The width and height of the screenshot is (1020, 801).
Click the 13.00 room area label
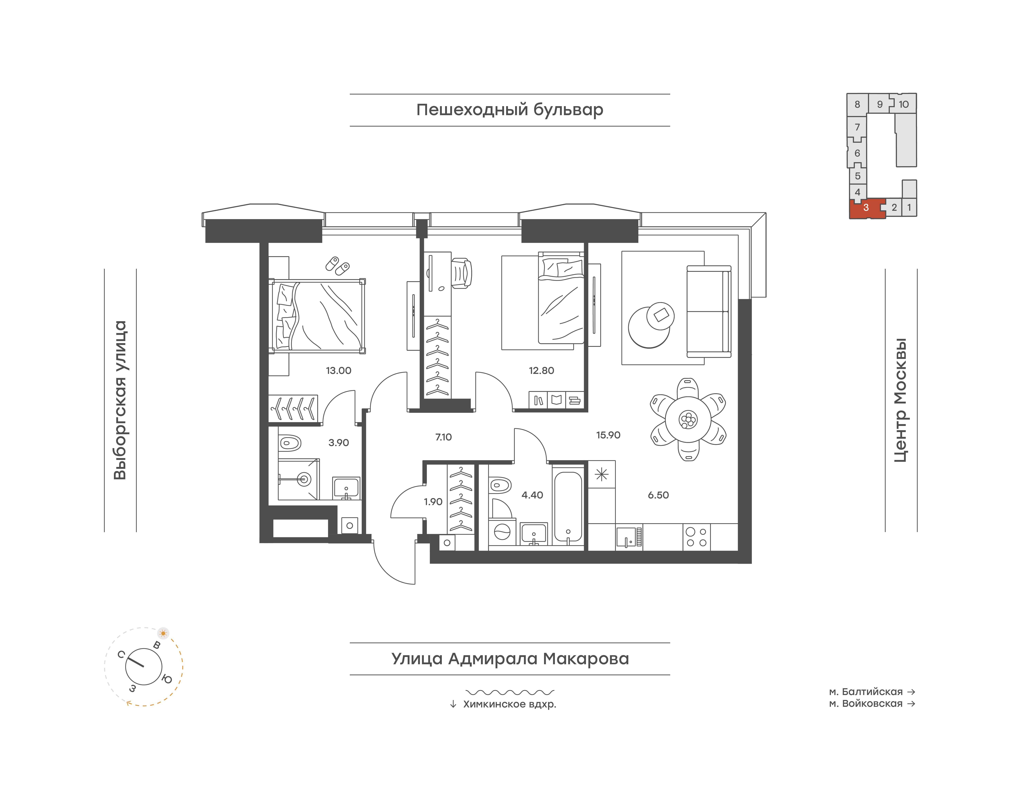(x=338, y=370)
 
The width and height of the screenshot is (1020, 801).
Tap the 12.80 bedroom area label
(x=541, y=370)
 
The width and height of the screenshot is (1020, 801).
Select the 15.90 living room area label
(x=608, y=435)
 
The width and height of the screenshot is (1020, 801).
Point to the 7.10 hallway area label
(x=443, y=437)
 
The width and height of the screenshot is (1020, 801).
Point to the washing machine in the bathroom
(x=502, y=532)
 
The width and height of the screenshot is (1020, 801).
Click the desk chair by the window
(x=462, y=272)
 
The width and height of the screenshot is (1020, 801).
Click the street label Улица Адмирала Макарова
(x=510, y=659)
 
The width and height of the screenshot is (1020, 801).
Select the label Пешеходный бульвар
(x=510, y=110)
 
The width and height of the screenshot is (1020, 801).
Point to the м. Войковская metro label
(x=866, y=704)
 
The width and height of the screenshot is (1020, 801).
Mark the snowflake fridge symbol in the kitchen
(x=601, y=475)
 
